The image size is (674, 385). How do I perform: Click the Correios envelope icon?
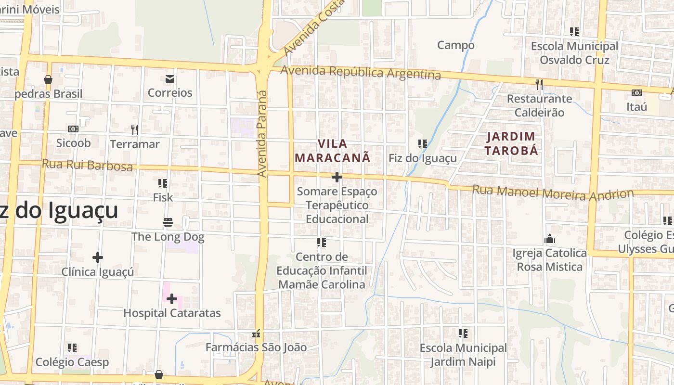point(170,78)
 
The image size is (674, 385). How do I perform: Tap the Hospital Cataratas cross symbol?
point(172,299)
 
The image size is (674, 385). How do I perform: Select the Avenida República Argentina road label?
point(361,72)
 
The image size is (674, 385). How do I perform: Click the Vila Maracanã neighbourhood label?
point(332,151)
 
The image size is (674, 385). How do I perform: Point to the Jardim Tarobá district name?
point(511,143)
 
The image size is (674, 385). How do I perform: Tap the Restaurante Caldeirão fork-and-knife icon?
point(539,85)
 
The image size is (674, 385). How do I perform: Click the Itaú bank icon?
point(636,93)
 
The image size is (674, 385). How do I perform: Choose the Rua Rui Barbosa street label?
point(87,165)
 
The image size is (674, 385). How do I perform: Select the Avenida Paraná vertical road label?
point(262,134)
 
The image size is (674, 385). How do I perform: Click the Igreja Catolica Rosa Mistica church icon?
point(550,239)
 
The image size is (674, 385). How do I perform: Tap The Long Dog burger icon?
point(168,222)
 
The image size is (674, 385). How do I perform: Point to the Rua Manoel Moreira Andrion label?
point(553,193)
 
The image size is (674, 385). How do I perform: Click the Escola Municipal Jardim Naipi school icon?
point(463,333)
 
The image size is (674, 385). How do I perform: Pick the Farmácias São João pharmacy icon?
point(256,333)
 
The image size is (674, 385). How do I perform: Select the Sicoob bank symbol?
point(73,129)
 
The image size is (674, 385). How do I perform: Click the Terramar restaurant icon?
point(135,129)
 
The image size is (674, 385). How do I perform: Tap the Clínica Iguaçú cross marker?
point(98,257)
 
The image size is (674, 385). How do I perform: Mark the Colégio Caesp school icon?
point(72,347)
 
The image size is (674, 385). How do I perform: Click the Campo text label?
point(455,45)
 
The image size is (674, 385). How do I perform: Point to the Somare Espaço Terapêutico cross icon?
point(337,177)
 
